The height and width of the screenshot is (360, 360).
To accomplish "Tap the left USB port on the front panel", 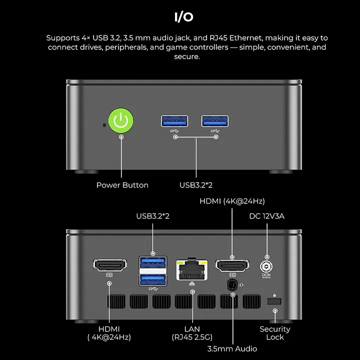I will point(174,120).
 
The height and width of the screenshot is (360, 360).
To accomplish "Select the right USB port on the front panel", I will point(215,120).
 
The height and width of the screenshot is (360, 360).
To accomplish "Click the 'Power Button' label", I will point(122,185).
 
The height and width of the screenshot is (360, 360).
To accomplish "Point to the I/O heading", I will point(183,17).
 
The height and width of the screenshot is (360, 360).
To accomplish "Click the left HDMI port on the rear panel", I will point(110,265).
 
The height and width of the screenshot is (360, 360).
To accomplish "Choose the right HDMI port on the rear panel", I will point(232,265).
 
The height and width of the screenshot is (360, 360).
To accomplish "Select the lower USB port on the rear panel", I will point(152,278).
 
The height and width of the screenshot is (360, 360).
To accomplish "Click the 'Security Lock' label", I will point(274,333).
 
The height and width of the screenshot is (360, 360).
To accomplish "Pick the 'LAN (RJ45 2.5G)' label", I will point(192,333).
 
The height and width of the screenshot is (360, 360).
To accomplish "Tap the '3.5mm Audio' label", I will point(232,348).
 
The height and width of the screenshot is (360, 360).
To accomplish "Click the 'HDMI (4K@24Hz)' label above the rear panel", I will point(232,201).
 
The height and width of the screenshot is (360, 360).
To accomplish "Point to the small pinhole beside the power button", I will point(103,124).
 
